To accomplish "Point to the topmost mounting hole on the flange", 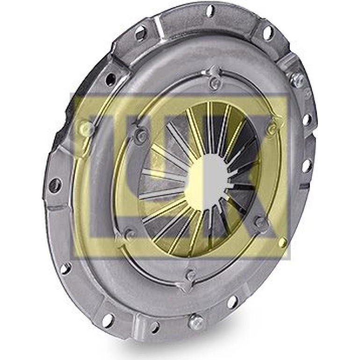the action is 209,11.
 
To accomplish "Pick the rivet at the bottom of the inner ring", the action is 190,275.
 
